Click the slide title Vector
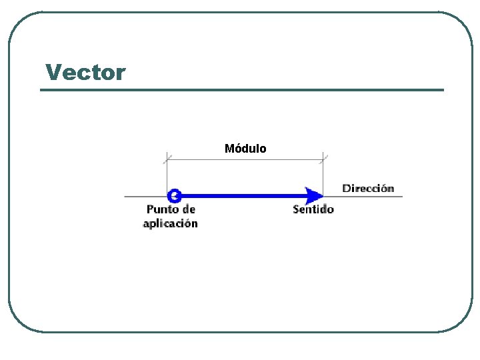coord(85,72)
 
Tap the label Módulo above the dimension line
coord(245,149)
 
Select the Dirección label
coord(368,188)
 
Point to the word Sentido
coord(313,209)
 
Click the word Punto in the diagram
coord(162,209)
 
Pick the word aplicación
coord(170,223)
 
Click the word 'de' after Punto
coord(189,209)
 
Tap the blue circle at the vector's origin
coord(174,195)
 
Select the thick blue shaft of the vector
coord(240,196)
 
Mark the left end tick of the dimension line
coord(167,159)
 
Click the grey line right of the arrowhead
coord(363,196)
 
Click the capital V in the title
coord(52,72)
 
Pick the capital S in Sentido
coord(297,209)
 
